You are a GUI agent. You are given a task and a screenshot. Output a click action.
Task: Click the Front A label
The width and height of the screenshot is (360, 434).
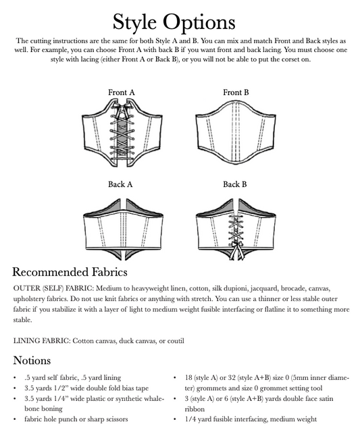(122, 92)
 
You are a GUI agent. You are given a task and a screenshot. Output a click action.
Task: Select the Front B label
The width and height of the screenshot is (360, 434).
(236, 92)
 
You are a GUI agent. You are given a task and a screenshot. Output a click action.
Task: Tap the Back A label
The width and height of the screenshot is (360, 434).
(121, 184)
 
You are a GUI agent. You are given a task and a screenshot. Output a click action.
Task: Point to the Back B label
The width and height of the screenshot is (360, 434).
(235, 184)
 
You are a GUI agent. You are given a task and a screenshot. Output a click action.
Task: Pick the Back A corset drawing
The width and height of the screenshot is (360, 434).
(122, 224)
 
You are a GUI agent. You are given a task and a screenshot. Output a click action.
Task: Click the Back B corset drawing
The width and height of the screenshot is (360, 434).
(236, 226)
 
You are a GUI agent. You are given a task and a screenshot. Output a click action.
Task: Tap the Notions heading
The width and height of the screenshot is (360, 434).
(36, 360)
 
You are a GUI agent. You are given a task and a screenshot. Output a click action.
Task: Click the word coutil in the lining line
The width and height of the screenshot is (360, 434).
(173, 340)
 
